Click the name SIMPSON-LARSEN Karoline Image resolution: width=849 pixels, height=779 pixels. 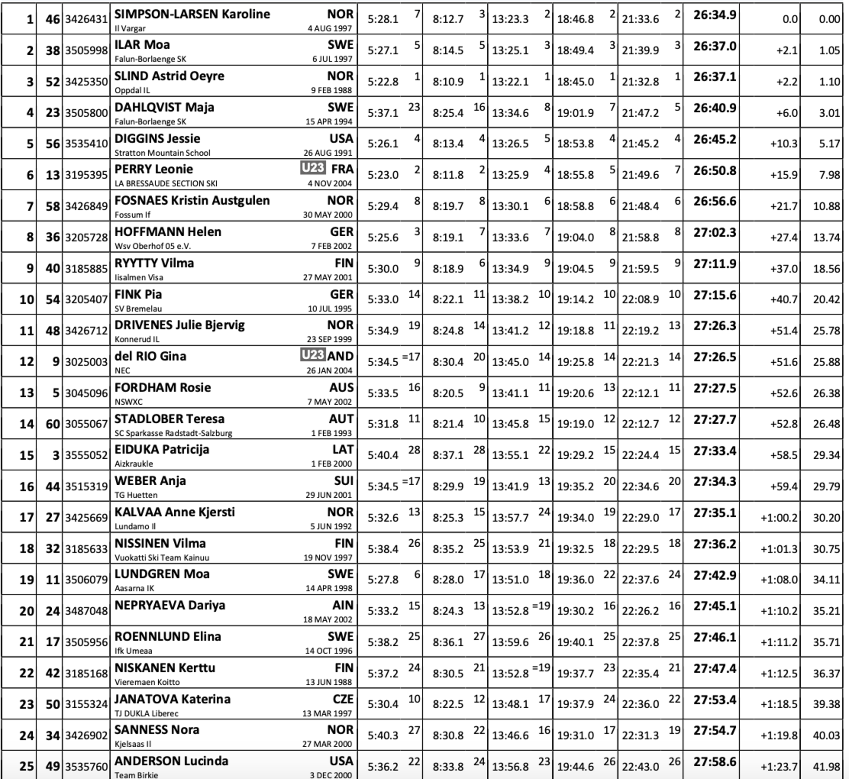[x=192, y=14]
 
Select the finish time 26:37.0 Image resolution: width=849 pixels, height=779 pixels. [x=715, y=46]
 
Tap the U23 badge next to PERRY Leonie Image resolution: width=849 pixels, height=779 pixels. [x=313, y=168]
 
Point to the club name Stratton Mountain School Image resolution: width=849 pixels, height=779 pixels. [x=162, y=153]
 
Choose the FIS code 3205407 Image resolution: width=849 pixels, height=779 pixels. [x=86, y=299]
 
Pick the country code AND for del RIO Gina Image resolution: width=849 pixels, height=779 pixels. [x=340, y=356]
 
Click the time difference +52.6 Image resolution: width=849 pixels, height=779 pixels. [x=784, y=393]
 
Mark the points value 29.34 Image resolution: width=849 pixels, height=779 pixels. [x=826, y=455]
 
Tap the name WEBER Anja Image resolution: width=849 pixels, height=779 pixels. [x=150, y=481]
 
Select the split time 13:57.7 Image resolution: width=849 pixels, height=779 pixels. [x=510, y=518]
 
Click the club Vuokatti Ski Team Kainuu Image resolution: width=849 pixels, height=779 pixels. [x=162, y=557]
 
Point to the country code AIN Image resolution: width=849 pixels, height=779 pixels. [x=343, y=605]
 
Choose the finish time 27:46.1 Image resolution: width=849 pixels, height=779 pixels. [x=715, y=637]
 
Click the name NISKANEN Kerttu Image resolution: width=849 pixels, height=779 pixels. [x=164, y=668]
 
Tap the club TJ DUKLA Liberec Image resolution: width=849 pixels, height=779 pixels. [x=146, y=713]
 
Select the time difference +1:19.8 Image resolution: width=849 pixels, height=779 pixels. [x=779, y=736]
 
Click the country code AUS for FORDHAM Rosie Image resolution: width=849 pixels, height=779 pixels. [x=341, y=388]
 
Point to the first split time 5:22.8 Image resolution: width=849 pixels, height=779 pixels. [x=383, y=82]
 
